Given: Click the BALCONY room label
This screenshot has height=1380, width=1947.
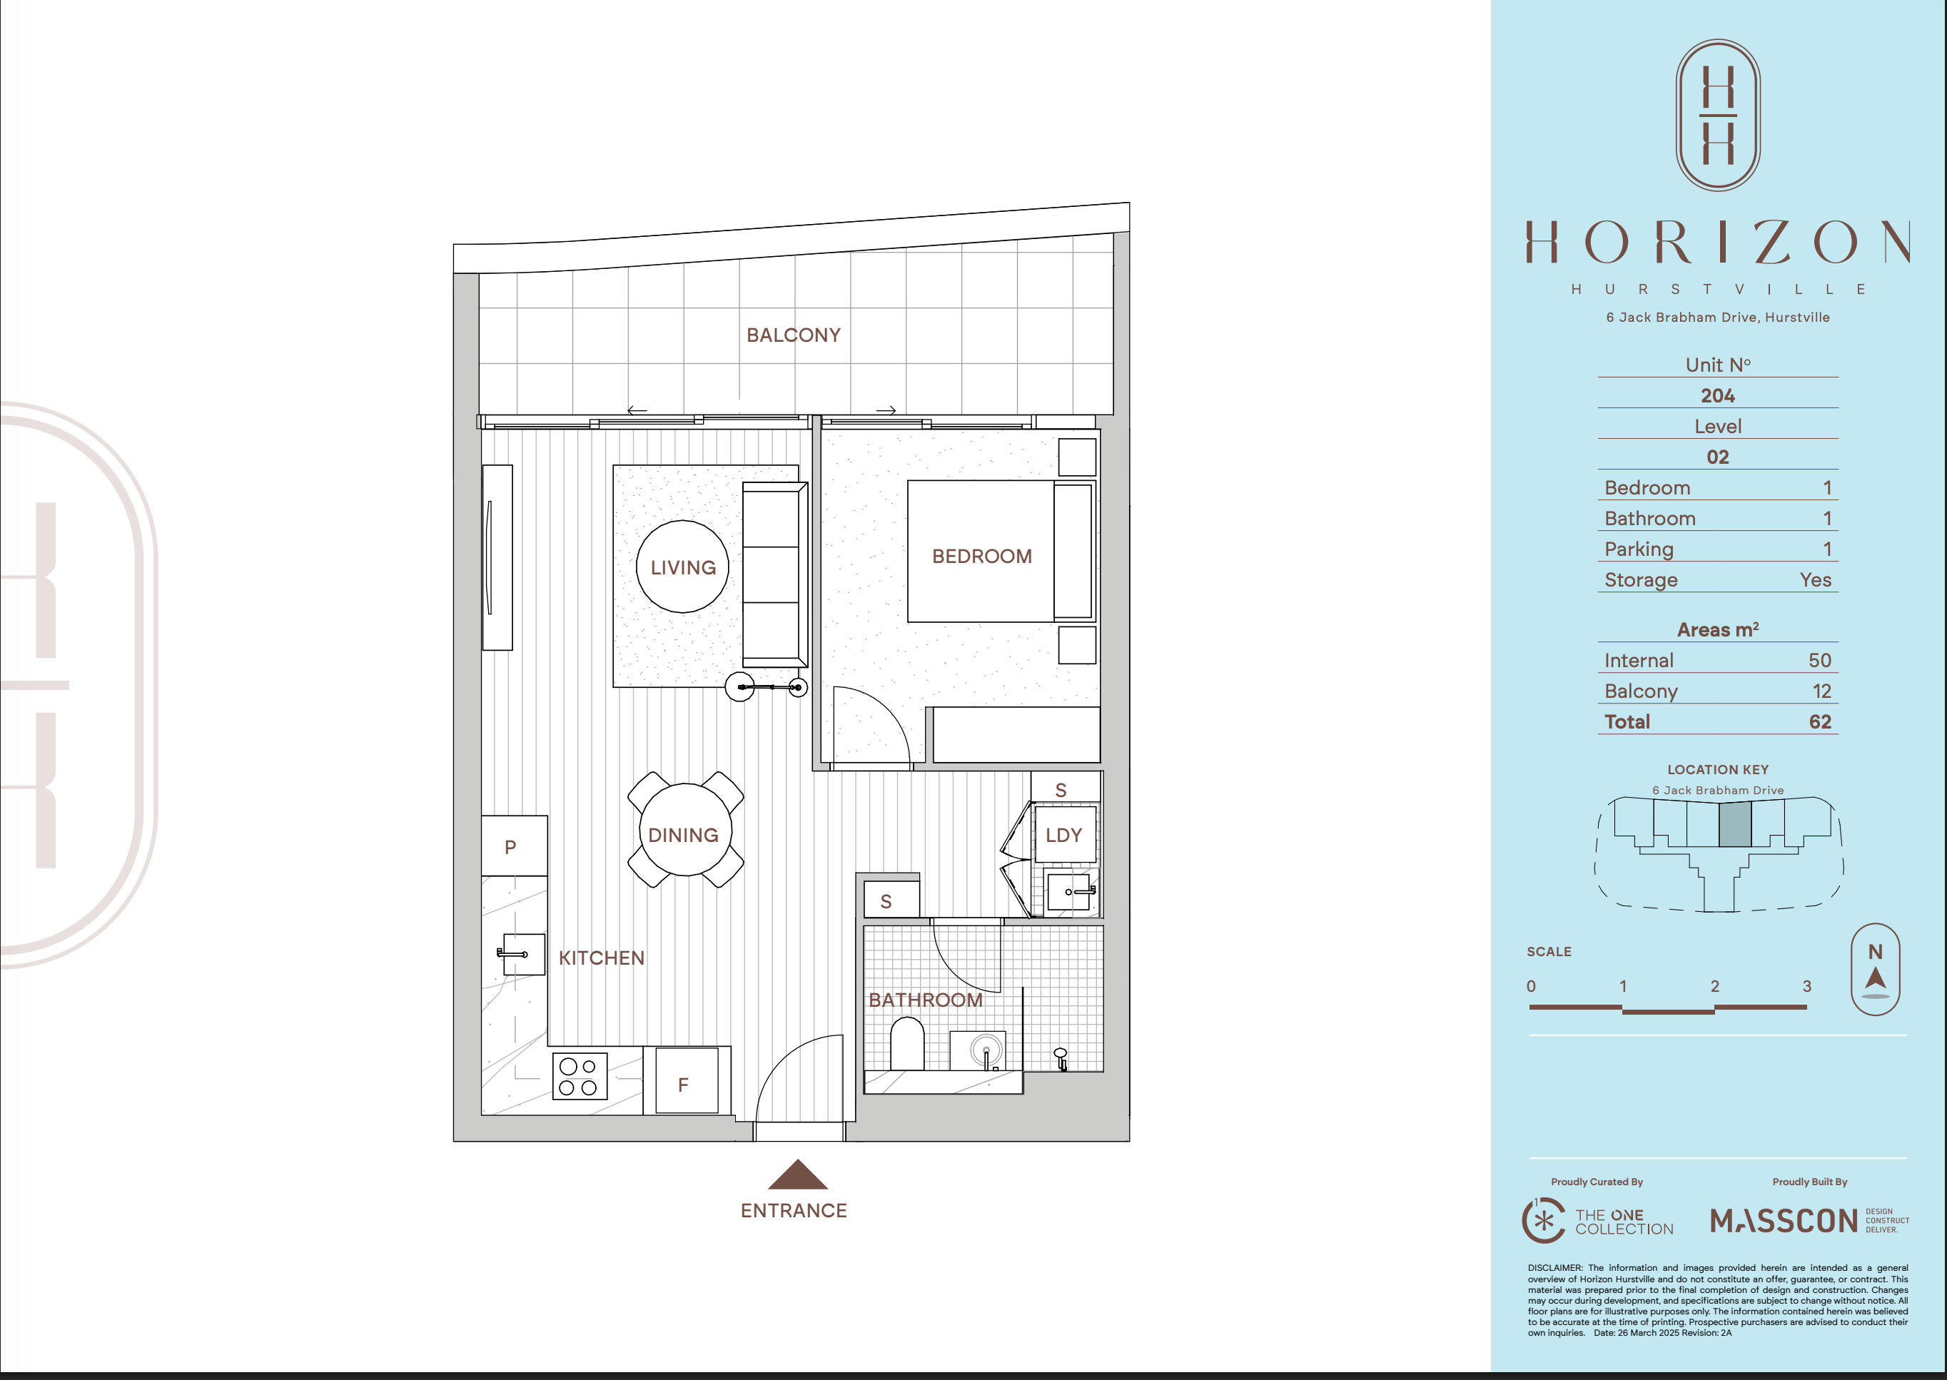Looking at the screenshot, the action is [793, 335].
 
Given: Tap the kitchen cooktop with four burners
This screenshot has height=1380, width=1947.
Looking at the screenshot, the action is [580, 1076].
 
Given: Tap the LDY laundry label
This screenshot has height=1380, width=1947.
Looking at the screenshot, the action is [1063, 836].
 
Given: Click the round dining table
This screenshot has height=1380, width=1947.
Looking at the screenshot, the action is [684, 829].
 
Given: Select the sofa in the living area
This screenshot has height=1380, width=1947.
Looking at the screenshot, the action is [774, 575].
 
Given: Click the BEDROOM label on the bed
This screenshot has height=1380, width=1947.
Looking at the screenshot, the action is [981, 556].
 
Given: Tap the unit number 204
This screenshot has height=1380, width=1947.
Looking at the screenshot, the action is [1717, 396].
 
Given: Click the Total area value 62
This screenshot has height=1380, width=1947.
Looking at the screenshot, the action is [1819, 721].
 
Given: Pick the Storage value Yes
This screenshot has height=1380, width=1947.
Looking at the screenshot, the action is [1815, 579].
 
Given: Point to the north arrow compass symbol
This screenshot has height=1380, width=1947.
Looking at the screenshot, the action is [1876, 970].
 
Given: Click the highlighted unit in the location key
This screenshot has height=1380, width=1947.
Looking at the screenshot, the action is [1734, 823].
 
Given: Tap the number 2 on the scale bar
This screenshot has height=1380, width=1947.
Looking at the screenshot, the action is [1715, 985].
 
